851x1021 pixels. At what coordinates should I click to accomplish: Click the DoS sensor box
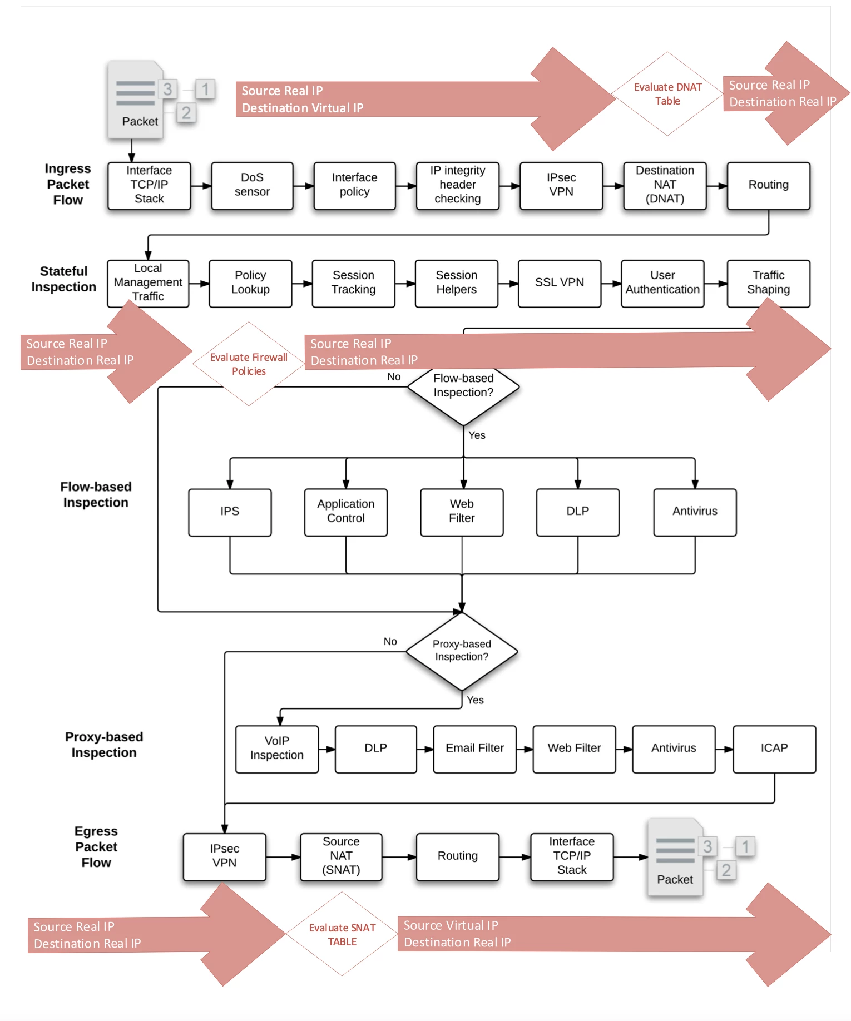(x=252, y=186)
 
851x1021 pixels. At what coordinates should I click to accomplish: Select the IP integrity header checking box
(x=457, y=186)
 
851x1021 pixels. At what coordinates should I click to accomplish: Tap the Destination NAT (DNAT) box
(x=665, y=186)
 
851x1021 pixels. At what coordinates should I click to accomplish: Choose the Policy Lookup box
(x=250, y=284)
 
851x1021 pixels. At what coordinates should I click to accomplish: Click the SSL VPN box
(x=560, y=284)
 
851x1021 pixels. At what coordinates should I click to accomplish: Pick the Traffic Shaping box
(x=768, y=284)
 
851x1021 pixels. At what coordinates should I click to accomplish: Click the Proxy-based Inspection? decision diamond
(x=462, y=651)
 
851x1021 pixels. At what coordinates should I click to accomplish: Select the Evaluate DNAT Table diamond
(x=667, y=94)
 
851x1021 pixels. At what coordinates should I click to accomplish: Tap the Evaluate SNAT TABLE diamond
(x=342, y=934)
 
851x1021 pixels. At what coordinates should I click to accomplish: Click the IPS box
(x=230, y=512)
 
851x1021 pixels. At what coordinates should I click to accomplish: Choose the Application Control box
(x=345, y=512)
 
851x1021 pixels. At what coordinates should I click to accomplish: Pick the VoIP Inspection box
(x=276, y=749)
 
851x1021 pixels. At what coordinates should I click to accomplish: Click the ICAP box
(x=774, y=749)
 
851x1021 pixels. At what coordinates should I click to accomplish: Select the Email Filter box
(x=474, y=749)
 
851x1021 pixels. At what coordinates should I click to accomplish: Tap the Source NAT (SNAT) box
(x=341, y=857)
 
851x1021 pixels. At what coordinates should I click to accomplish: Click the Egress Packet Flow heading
(x=96, y=847)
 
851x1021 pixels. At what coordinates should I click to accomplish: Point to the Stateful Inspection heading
(x=64, y=279)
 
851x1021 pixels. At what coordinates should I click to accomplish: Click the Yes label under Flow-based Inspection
(x=477, y=435)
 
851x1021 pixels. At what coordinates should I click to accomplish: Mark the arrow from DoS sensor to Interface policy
(x=304, y=186)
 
